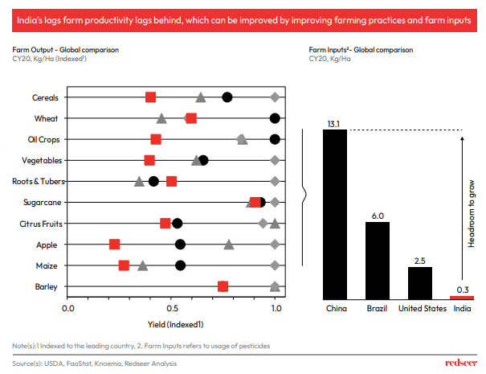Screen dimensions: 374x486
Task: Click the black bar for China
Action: [x=335, y=214]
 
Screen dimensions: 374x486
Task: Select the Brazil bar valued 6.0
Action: [x=378, y=260]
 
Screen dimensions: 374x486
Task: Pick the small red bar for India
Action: [x=462, y=298]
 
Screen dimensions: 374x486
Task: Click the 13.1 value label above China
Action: [x=335, y=124]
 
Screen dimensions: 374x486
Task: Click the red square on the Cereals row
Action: [x=151, y=97]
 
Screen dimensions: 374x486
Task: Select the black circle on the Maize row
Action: [x=180, y=265]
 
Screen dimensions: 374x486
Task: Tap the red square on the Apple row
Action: [x=114, y=245]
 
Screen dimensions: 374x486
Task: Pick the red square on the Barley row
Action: [x=223, y=286]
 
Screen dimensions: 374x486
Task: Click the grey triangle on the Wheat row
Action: [x=161, y=118]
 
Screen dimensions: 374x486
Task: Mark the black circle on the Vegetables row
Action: [x=203, y=160]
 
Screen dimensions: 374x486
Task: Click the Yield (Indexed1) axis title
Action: [x=172, y=324]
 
